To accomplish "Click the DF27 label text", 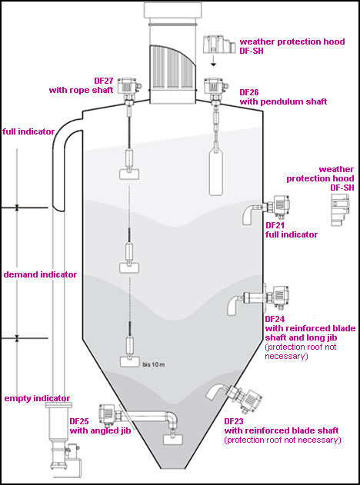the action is pyautogui.click(x=104, y=81).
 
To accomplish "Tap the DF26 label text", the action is pyautogui.click(x=249, y=92).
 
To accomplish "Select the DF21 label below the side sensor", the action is pyautogui.click(x=275, y=225).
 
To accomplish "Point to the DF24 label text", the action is pyautogui.click(x=275, y=319).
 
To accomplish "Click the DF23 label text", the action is pyautogui.click(x=234, y=421).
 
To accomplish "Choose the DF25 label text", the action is pyautogui.click(x=79, y=421).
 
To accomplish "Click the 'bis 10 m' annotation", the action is pyautogui.click(x=154, y=364).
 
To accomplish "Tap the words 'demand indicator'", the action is pyautogui.click(x=40, y=274).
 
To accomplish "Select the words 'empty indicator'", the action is pyautogui.click(x=37, y=398).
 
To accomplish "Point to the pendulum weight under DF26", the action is pyautogui.click(x=215, y=171).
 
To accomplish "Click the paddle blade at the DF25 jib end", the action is pyautogui.click(x=173, y=440).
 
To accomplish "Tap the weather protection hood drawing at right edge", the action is pyautogui.click(x=341, y=210).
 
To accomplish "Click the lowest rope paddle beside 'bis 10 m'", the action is pyautogui.click(x=129, y=362).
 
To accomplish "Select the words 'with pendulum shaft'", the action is pyautogui.click(x=284, y=101).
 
